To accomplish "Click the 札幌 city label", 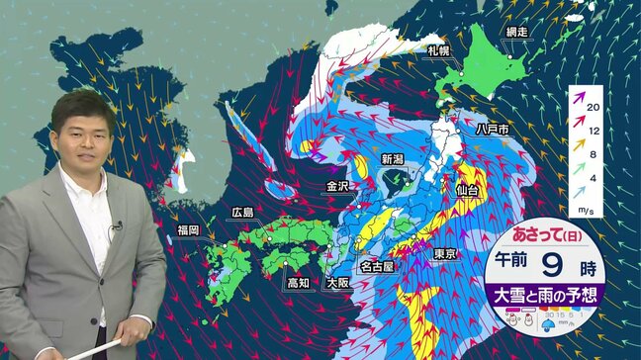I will [x=439, y=51].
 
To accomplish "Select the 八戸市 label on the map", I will [x=492, y=130].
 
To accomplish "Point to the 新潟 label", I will [x=393, y=158].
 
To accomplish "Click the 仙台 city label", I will [x=468, y=188].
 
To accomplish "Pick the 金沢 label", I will [x=338, y=185].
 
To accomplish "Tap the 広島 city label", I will [x=241, y=212].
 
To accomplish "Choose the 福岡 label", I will [x=188, y=229].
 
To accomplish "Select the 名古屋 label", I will [x=377, y=266].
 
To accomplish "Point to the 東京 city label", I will [x=444, y=254].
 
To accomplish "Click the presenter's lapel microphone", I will [x=117, y=226].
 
